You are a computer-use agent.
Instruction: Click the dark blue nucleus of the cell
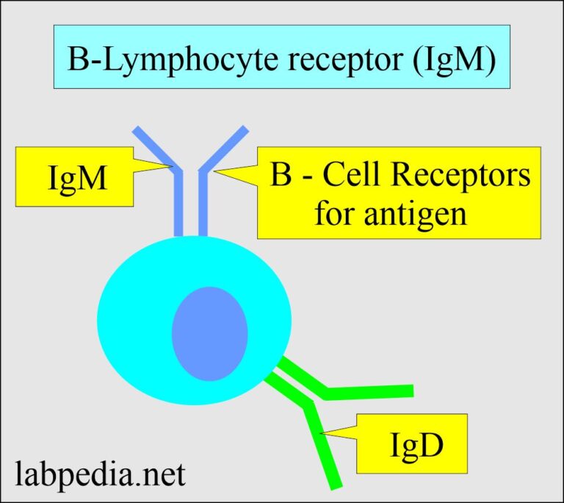point(209,329)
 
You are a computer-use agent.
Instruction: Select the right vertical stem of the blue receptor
point(203,206)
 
